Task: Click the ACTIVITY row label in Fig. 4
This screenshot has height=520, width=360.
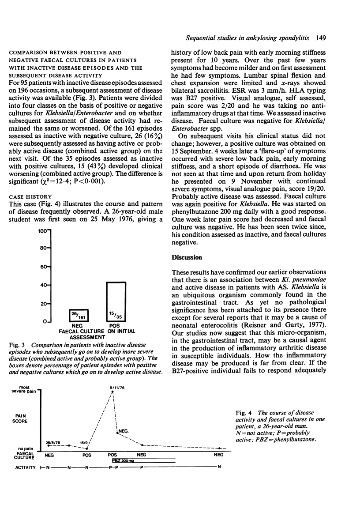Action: tap(22, 467)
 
